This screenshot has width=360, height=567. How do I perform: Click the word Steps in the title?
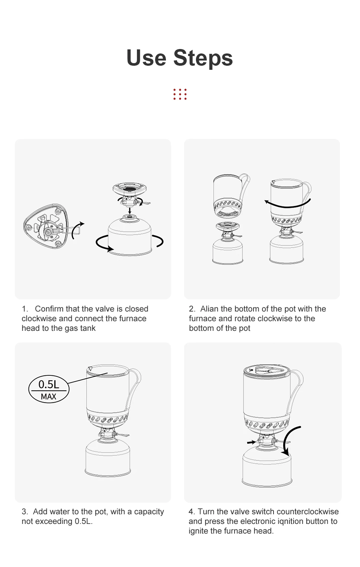[203, 58]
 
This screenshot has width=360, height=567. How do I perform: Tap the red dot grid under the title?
[180, 94]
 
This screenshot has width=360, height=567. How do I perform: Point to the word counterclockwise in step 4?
[300, 511]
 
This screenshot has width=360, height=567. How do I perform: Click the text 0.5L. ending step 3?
[84, 521]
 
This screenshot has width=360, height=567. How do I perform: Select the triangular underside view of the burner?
[46, 226]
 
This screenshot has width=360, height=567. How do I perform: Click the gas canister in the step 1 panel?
[130, 235]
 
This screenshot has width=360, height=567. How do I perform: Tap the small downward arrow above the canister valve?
[130, 210]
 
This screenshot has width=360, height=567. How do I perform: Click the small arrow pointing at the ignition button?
[252, 442]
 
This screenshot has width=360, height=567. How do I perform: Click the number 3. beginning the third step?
[25, 511]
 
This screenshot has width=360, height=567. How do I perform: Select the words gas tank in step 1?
[80, 328]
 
